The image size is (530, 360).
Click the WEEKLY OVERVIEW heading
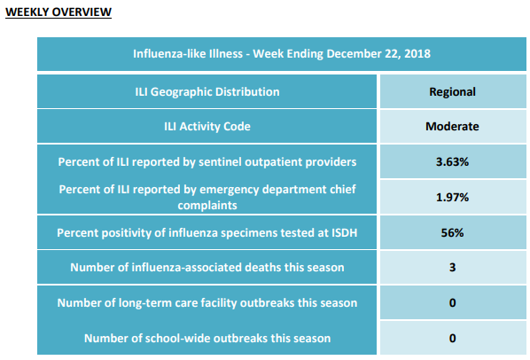click(58, 12)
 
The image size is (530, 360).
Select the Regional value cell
click(453, 91)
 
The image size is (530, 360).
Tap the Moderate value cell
click(453, 127)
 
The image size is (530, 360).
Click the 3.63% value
click(452, 162)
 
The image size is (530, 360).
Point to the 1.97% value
click(452, 197)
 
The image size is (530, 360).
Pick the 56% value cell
click(453, 232)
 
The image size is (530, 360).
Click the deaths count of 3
click(453, 268)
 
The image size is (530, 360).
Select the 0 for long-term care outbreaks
click(453, 302)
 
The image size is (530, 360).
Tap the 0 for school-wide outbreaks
click(453, 338)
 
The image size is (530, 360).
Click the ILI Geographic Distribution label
click(207, 92)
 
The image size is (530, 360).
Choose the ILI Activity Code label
click(207, 127)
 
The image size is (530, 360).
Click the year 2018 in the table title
click(417, 54)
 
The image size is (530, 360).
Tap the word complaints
click(207, 206)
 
